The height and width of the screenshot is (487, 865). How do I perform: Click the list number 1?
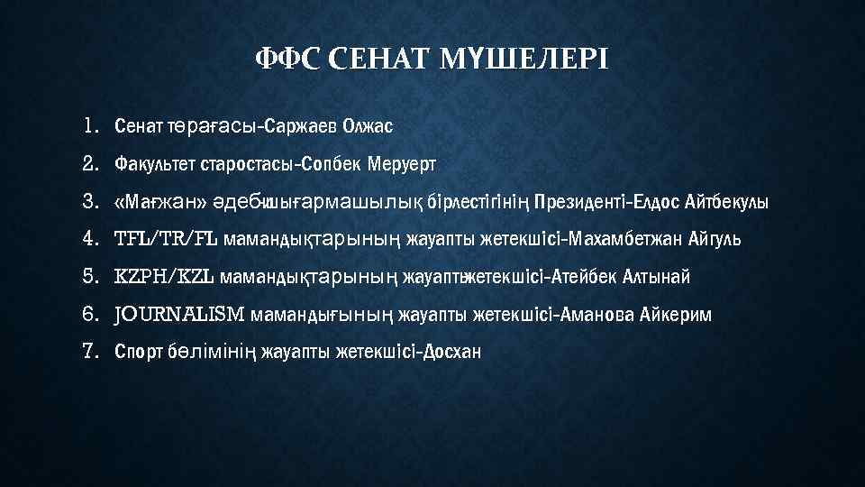click(89, 125)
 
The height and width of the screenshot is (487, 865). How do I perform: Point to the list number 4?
click(89, 239)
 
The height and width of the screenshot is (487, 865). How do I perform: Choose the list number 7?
click(89, 351)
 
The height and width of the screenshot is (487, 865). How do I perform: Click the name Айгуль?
click(717, 239)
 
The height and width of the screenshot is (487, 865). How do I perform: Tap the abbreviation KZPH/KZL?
click(164, 276)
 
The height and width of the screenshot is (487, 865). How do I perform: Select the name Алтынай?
click(658, 276)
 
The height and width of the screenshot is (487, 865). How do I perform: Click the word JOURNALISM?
click(179, 314)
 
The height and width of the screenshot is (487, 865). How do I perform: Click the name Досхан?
click(451, 352)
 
